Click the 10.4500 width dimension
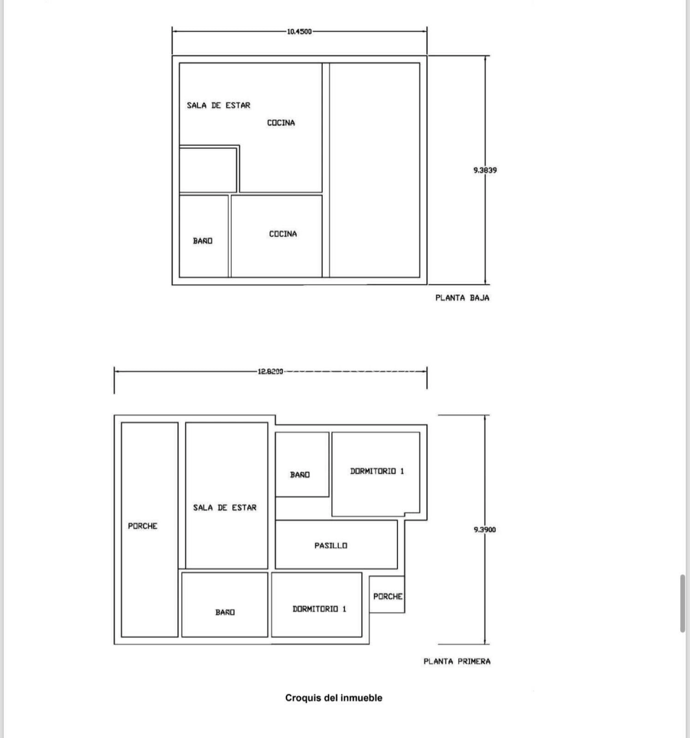299,31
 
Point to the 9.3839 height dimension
485,170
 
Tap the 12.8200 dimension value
270,371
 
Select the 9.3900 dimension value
485,530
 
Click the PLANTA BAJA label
462,298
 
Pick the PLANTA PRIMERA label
457,661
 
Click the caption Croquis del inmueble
334,698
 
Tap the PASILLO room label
331,546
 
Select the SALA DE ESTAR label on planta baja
218,105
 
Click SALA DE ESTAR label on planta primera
224,507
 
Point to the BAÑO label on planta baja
203,241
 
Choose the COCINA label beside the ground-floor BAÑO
283,234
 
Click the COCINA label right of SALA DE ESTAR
281,123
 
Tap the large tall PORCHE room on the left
150,530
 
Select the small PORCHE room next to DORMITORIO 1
387,594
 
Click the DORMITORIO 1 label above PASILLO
377,471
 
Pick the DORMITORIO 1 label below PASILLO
319,609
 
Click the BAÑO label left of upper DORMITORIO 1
300,475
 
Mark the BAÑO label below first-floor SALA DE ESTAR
225,612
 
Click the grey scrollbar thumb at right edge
683,603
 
